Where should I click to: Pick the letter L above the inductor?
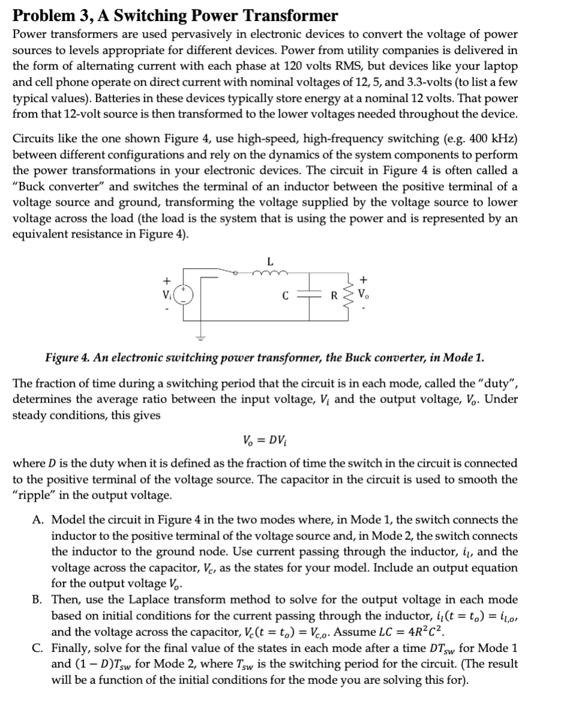pos(270,261)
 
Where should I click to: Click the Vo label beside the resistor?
pos(364,295)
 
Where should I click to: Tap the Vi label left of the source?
pos(167,295)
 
